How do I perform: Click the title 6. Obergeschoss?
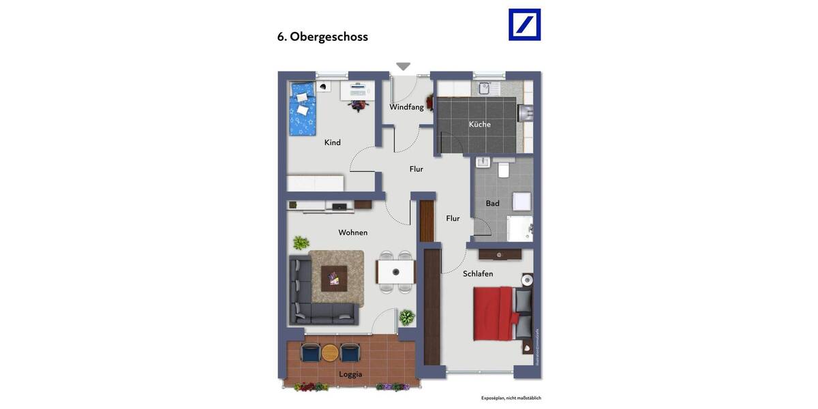322,37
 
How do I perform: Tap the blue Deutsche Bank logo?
524,25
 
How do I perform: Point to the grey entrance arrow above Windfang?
404,66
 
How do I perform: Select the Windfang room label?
406,107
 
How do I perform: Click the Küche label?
479,124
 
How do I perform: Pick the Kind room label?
332,142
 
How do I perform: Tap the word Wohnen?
352,232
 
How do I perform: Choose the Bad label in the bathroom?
492,203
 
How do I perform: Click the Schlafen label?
477,273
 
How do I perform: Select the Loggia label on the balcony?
350,374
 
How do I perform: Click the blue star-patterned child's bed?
302,108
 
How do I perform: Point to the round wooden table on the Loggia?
330,352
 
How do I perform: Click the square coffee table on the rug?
333,278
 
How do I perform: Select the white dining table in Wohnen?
395,272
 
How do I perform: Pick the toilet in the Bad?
504,169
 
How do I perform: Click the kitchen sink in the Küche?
485,88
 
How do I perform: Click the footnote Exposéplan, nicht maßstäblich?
511,398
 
